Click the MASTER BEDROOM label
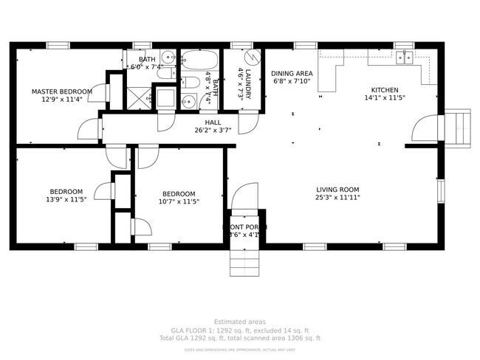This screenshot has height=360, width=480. tap(61, 91)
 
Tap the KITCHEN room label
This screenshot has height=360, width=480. tap(385, 89)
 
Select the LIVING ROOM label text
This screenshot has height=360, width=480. tap(338, 189)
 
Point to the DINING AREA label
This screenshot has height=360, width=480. tap(292, 73)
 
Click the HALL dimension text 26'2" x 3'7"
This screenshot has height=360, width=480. tap(213, 131)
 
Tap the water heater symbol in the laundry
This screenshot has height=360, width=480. tap(251, 57)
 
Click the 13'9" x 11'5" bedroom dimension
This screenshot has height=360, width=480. tap(66, 200)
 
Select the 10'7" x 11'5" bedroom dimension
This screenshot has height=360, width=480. tap(179, 201)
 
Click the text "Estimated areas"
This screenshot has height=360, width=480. tap(240, 322)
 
